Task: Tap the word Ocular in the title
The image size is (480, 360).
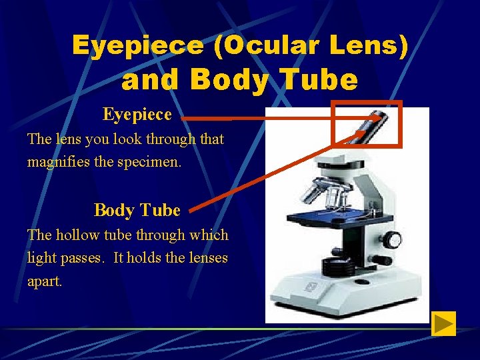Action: point(263,45)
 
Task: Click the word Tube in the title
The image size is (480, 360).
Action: point(322,80)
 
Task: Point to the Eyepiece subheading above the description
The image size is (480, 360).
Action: point(137,115)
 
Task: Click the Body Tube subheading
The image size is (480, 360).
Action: point(137,210)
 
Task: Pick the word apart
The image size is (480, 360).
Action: point(44,281)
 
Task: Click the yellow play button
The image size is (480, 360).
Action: point(443,323)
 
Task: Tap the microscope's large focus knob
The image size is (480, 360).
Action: point(393,240)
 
